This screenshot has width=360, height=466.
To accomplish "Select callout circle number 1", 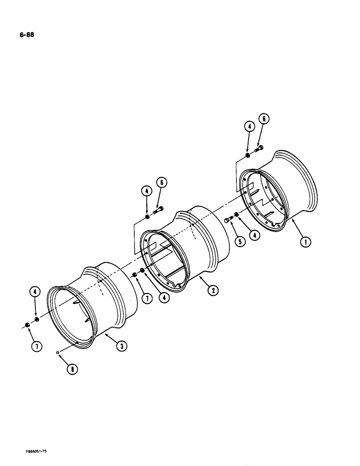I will tap(305, 241).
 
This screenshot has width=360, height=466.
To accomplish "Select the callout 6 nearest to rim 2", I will tap(162, 183).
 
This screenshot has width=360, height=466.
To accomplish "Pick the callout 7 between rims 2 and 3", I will tap(147, 299).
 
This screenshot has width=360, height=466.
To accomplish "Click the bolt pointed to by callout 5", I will tap(228, 220).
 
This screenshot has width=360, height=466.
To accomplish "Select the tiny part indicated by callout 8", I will tap(57, 352).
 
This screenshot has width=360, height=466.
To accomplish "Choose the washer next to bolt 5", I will tap(237, 215).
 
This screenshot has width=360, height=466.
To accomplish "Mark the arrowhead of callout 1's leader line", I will tap(292, 222).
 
